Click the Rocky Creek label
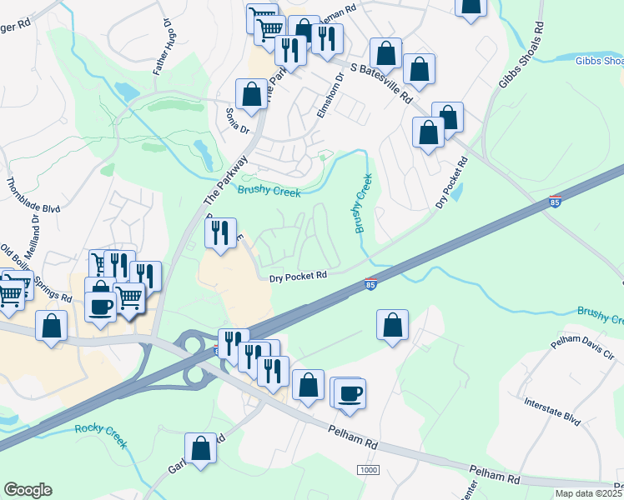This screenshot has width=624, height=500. [x=100, y=435]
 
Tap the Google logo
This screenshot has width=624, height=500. [x=28, y=490]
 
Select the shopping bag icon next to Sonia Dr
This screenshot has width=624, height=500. [x=251, y=96]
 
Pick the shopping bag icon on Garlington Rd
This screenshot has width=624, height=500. [x=201, y=448]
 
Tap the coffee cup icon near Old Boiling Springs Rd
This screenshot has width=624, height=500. [x=100, y=306]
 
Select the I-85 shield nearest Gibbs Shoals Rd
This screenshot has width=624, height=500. [x=556, y=201]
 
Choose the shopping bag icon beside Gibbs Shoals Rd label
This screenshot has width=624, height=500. [x=471, y=7]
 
